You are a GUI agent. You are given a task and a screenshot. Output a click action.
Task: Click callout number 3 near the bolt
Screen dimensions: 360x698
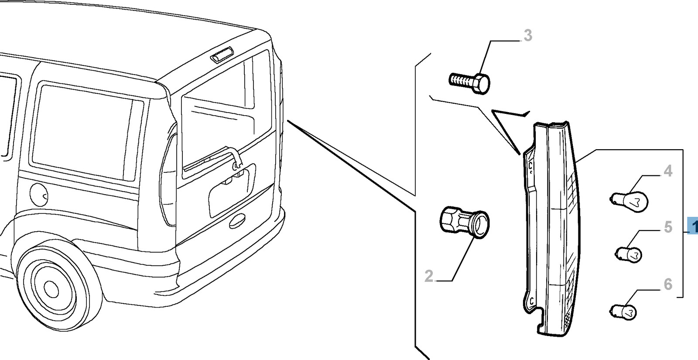(x=528, y=35)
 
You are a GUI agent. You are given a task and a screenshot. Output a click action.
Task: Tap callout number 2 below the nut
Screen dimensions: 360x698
(x=429, y=276)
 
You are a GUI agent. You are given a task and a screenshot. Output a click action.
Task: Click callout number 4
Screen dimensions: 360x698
(x=668, y=171)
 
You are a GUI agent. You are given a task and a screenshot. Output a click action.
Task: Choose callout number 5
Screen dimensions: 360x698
(x=668, y=227)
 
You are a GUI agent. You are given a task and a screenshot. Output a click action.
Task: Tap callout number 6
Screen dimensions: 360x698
(x=668, y=285)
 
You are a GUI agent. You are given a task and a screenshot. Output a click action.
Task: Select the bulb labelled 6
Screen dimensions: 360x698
(x=624, y=311)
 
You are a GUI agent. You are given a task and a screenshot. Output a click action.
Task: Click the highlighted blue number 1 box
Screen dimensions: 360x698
(x=693, y=226)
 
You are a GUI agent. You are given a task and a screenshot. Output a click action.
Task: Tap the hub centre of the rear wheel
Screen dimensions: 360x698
(x=51, y=288)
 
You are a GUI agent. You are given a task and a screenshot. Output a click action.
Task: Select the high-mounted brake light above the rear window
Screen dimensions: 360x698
(x=222, y=56)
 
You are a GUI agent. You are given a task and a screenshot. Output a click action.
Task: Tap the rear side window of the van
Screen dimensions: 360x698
(x=87, y=131)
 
